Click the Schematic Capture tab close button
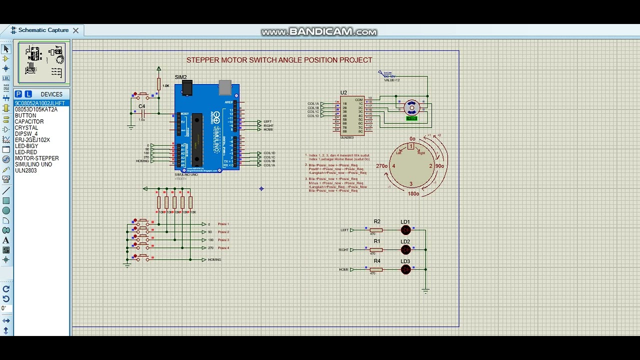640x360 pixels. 75,30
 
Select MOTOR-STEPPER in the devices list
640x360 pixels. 36,158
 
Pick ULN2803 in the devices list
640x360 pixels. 25,170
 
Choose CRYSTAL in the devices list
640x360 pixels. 26,128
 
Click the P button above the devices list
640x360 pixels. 18,94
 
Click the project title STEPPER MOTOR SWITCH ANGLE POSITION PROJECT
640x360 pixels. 279,60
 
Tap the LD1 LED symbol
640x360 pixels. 405,230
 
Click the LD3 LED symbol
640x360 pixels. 405,269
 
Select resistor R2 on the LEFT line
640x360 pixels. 376,230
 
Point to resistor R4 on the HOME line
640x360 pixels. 376,269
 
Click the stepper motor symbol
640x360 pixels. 411,106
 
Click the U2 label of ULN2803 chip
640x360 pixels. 343,92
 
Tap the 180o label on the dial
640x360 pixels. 413,193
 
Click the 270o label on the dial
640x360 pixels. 381,166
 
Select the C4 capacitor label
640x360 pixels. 141,106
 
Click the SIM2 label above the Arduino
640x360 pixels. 180,77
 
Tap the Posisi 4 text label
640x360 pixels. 223,248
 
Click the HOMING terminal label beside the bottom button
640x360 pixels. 214,260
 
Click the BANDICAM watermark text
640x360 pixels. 318,32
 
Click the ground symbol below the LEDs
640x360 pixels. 425,290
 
